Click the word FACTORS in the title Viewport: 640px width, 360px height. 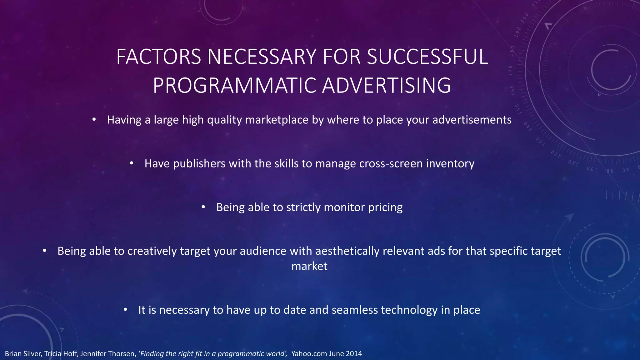click(158, 57)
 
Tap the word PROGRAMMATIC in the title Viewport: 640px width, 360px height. click(234, 86)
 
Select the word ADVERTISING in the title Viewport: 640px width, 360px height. click(386, 86)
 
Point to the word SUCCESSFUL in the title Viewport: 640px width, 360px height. click(427, 57)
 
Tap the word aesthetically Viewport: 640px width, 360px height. click(347, 251)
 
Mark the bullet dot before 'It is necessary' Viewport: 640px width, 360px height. click(125, 309)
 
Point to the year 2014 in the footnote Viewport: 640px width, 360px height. click(354, 354)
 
